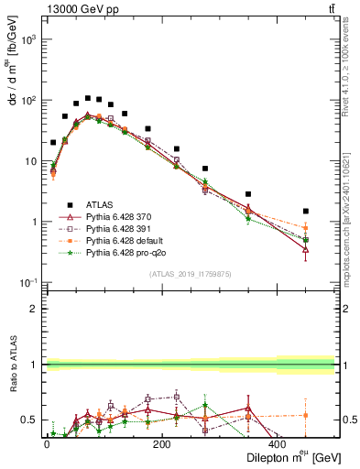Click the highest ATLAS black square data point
tap(88, 98)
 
